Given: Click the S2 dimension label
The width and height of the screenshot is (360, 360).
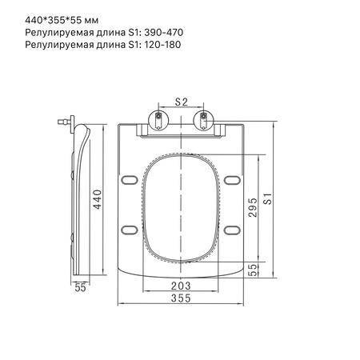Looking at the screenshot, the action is point(181,102).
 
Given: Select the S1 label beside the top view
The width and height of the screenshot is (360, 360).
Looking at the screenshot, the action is point(268,198).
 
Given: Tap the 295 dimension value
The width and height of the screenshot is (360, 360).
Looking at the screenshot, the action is point(253,207).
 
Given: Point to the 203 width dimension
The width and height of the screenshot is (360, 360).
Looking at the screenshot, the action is point(181,286).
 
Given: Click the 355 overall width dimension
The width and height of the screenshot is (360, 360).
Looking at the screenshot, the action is point(181,298).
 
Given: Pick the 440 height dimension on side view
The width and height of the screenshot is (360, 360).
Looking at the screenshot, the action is point(98,199).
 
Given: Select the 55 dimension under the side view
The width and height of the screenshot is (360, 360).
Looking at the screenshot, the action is point(80,287).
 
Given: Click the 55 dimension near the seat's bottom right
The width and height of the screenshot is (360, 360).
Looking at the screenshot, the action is point(254,270).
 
